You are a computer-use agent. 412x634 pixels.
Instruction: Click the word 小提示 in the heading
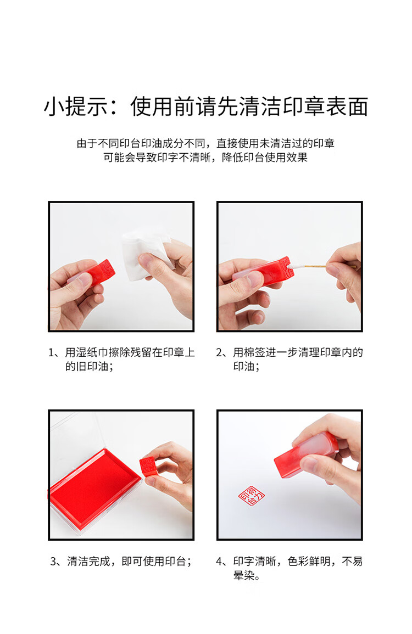pyautogui.click(x=76, y=106)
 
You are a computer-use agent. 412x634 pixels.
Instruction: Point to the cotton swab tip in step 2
pyautogui.click(x=294, y=266)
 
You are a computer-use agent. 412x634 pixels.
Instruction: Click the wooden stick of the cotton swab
pyautogui.click(x=314, y=266)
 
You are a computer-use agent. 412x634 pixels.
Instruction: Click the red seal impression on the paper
pyautogui.click(x=252, y=496)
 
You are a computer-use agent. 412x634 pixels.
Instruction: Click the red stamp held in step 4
pyautogui.click(x=305, y=455)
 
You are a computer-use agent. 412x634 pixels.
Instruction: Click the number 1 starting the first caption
pyautogui.click(x=52, y=352)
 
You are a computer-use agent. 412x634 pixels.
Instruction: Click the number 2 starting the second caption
pyautogui.click(x=220, y=352)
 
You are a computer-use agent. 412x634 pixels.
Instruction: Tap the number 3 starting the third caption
pyautogui.click(x=53, y=561)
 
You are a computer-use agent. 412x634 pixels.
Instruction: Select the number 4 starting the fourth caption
pyautogui.click(x=220, y=561)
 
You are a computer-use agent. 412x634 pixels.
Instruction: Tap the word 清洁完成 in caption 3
pyautogui.click(x=88, y=561)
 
